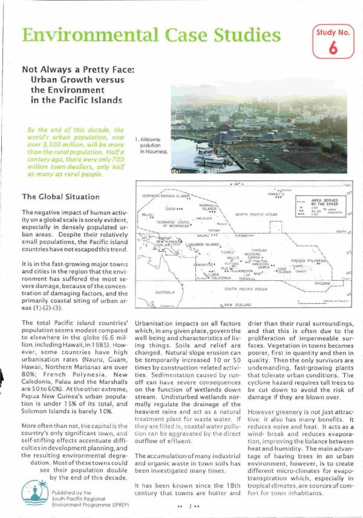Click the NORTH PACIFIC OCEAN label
pos(257,214)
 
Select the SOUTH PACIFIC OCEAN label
pos(243,289)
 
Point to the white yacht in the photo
pos(207,158)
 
